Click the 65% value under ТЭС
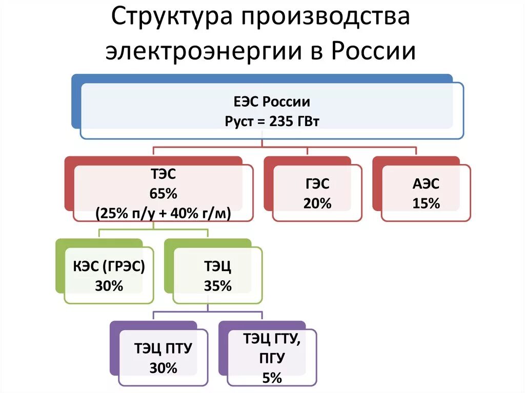[164, 194]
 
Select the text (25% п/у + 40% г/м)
[164, 214]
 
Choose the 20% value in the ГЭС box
[318, 203]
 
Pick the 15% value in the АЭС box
[426, 203]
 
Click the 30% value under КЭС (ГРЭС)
[109, 286]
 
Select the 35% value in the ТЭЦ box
[218, 286]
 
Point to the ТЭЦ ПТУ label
[164, 348]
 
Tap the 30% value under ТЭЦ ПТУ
[164, 367]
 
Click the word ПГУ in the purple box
[272, 358]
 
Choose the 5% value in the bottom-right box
[272, 378]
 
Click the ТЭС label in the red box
[164, 175]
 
